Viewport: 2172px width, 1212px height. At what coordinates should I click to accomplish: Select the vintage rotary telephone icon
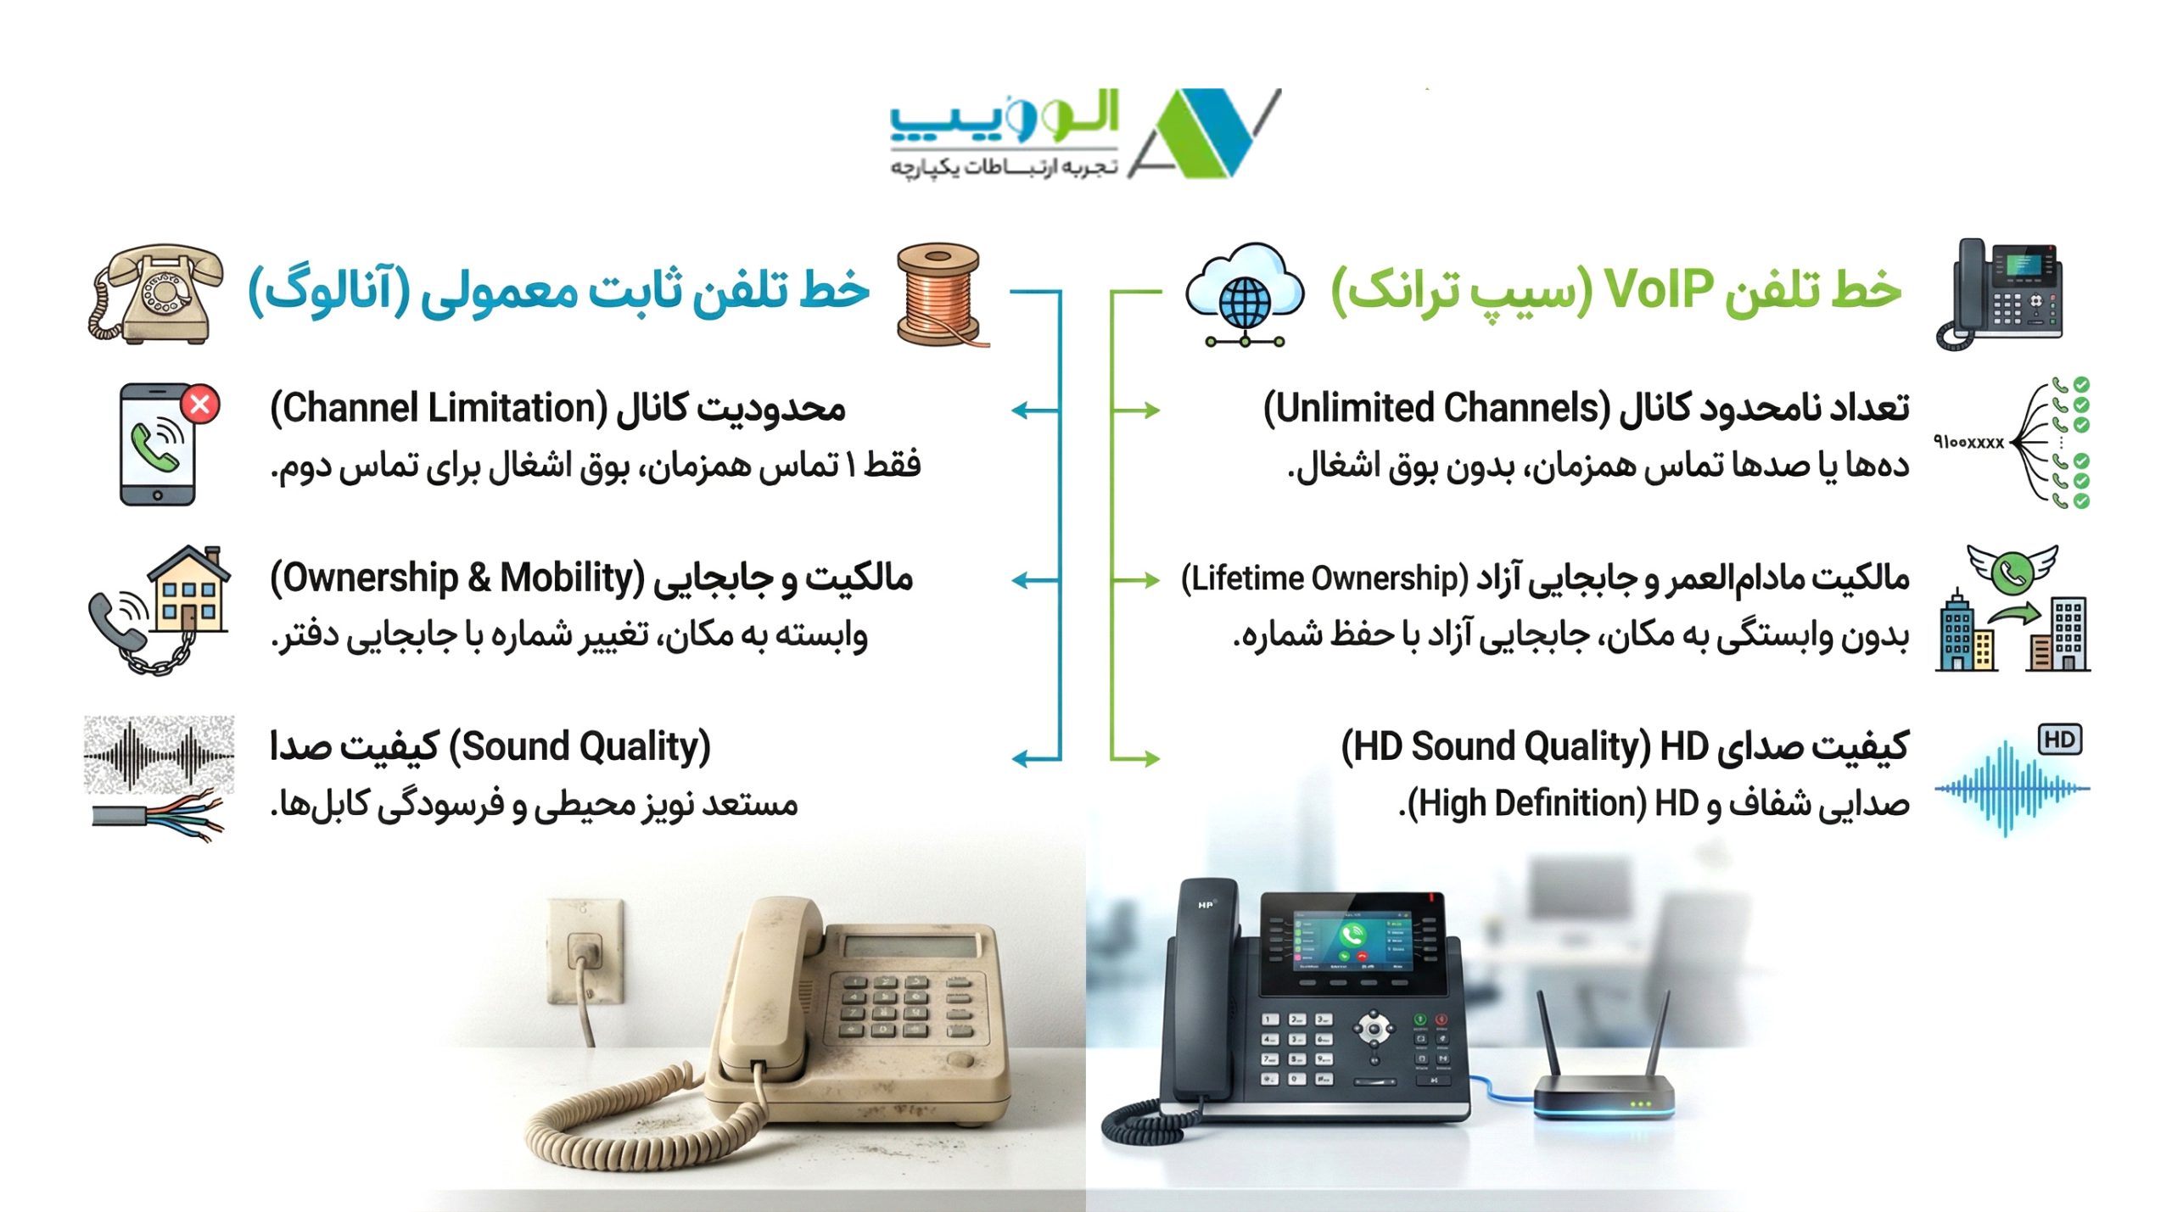(x=155, y=293)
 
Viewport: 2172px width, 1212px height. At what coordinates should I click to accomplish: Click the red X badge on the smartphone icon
(x=201, y=405)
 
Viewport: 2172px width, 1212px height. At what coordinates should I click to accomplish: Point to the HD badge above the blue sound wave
(x=2059, y=740)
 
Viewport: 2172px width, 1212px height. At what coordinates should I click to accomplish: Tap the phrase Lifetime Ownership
(x=1324, y=578)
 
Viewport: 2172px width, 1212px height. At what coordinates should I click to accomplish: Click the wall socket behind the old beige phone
(x=585, y=950)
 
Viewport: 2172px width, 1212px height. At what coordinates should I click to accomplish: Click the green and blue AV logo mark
(x=1205, y=133)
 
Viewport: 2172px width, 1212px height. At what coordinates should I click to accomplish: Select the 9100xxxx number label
(x=1968, y=442)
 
